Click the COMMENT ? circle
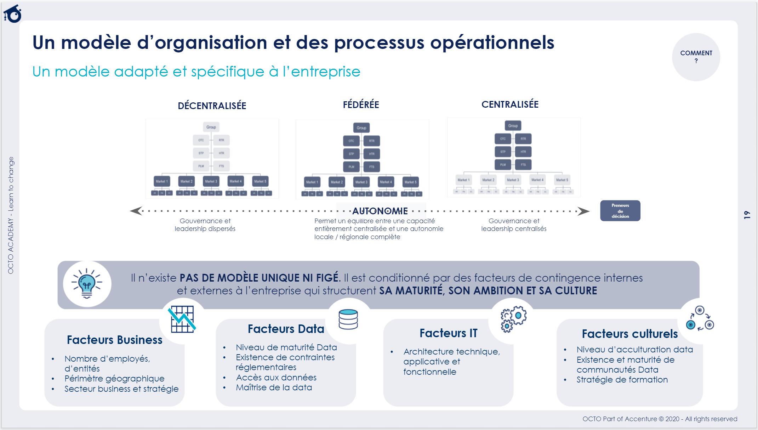(x=696, y=57)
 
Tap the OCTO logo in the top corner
(x=13, y=14)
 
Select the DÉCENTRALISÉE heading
(x=212, y=106)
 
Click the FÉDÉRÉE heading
(x=361, y=104)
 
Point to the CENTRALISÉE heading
(x=510, y=104)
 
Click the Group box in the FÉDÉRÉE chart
(x=361, y=128)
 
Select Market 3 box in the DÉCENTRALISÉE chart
(x=211, y=181)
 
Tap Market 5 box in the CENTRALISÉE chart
(x=562, y=180)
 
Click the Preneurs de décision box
(x=620, y=211)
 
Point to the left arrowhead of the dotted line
(x=136, y=211)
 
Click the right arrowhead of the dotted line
(x=583, y=211)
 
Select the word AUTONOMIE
(x=380, y=211)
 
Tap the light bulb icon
(x=87, y=283)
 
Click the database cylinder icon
(x=348, y=319)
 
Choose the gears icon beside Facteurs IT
(x=513, y=318)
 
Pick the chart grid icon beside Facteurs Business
(x=182, y=319)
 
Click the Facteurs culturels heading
(x=629, y=334)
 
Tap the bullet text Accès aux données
(x=276, y=378)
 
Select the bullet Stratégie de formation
(x=622, y=380)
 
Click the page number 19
(x=747, y=215)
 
